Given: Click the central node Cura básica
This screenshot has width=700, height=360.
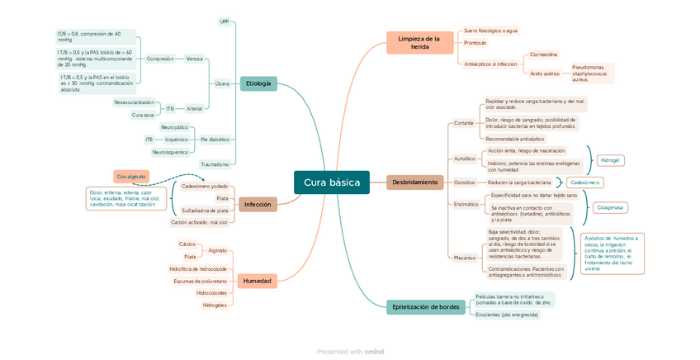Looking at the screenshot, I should coord(331,182).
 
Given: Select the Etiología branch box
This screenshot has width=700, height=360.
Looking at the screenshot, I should coord(258,83).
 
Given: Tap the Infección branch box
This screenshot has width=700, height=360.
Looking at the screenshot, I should coord(258,204).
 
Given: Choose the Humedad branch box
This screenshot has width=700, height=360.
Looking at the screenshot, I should coord(257,281).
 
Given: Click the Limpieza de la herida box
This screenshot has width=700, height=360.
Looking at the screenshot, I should coord(419,43).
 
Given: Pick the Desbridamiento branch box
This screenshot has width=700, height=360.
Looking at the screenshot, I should coord(414,182).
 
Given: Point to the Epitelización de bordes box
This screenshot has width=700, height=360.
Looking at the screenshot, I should coord(425,306).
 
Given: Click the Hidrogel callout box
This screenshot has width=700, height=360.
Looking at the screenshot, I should coord(610,159).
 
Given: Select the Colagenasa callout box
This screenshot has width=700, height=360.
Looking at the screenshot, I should coord(610,207).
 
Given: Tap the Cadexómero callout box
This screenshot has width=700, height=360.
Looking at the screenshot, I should coord(585,182).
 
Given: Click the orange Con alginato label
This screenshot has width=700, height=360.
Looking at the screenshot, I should coord(131,177).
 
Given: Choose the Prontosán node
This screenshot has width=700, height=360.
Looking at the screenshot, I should coord(475,43).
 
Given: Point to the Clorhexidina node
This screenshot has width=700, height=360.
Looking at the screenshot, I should coord(543,54).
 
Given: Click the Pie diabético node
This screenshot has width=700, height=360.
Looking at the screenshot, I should coord(215,140).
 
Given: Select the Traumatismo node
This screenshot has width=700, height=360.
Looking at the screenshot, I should coord(215,164).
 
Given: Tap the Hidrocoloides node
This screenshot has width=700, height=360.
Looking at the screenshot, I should coord(211,293).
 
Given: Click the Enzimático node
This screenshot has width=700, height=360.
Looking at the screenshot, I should coord(466,204).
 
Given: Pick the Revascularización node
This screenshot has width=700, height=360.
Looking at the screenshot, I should coord(134,102).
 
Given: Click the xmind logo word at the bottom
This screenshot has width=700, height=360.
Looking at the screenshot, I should coord(374,352).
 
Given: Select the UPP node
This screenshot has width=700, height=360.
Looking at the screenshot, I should coord(225,21).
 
